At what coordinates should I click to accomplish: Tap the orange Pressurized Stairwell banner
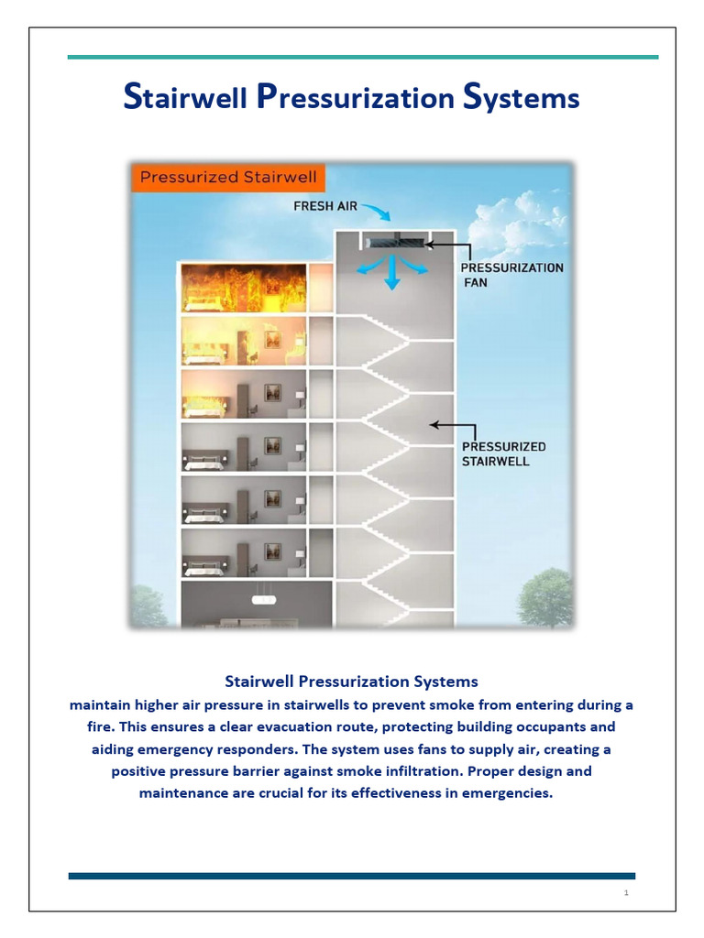click(x=225, y=177)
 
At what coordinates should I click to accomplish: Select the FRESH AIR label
click(x=325, y=206)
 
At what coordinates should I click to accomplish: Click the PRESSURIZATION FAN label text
click(x=511, y=275)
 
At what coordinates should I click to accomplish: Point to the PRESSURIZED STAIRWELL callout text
click(x=503, y=453)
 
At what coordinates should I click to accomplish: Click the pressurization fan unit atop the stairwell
click(x=395, y=243)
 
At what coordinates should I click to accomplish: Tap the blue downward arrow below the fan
click(x=392, y=274)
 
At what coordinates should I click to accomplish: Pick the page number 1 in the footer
click(x=625, y=893)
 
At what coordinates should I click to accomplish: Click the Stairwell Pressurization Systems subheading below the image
click(x=351, y=682)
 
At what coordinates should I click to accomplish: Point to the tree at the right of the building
click(x=545, y=597)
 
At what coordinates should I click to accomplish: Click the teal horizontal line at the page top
click(x=363, y=57)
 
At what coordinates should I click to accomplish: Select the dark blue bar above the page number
click(x=351, y=876)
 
